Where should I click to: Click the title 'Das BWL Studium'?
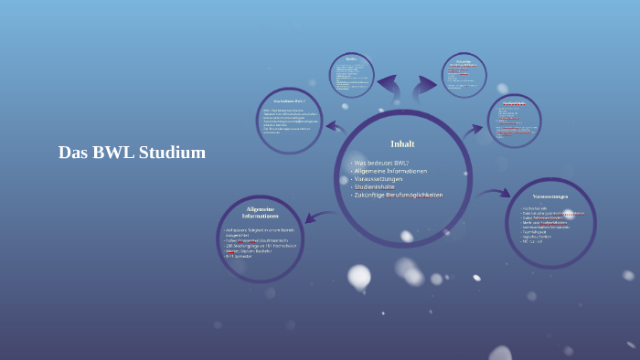132,153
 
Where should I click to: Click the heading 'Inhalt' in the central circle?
402,144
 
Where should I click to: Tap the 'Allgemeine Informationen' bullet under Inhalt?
389,171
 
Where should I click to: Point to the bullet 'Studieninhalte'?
374,187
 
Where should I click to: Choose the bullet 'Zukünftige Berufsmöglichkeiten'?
398,196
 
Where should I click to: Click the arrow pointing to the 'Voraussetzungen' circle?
495,193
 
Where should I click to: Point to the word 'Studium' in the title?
174,153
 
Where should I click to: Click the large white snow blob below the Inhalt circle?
359,276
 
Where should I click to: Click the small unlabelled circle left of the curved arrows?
351,74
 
